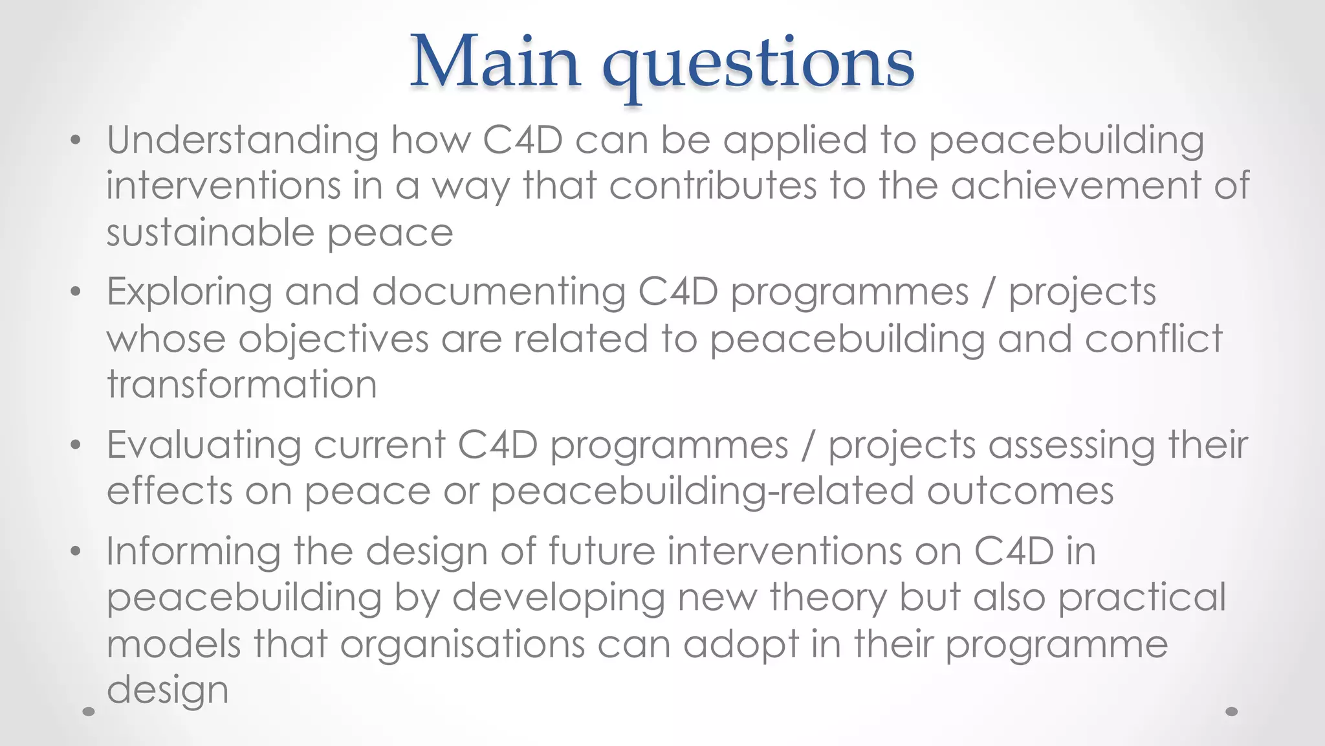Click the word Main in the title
click(495, 62)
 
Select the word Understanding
click(243, 141)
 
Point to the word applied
click(795, 141)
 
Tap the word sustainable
click(210, 232)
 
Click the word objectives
click(333, 339)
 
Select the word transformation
click(242, 385)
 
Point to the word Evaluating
click(204, 446)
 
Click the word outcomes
click(1020, 492)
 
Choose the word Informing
click(193, 552)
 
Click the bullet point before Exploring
click(76, 292)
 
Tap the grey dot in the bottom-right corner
click(1232, 711)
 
